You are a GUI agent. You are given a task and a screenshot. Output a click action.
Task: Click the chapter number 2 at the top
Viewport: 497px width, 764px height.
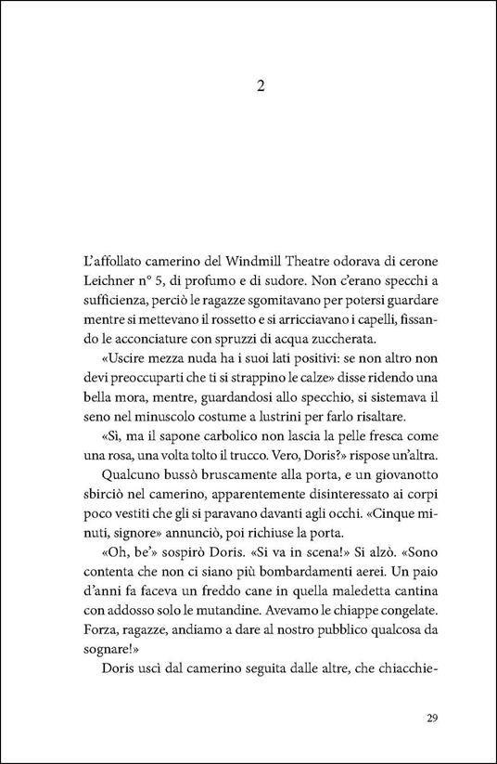coord(261,86)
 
